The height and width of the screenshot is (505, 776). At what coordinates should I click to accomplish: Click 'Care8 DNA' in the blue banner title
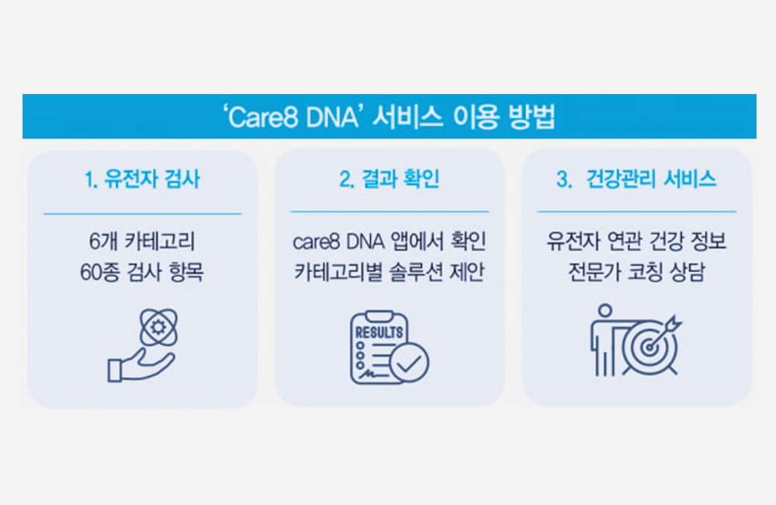point(292,117)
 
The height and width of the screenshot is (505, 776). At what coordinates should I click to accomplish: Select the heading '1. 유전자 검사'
point(143,179)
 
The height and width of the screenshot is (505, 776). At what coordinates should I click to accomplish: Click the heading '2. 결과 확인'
point(389,179)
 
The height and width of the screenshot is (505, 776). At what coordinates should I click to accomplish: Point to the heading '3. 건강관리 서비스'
point(636,179)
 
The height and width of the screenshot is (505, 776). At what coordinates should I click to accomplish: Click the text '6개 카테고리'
point(143,242)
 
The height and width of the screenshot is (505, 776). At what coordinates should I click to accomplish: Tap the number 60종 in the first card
point(100,272)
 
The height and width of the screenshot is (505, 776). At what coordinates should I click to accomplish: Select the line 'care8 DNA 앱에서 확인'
point(389,242)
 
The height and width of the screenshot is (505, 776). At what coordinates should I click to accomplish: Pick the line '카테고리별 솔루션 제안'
point(389,272)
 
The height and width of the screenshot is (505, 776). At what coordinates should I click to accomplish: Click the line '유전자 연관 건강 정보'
point(636,242)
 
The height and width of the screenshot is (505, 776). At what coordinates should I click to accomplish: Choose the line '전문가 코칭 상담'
point(636,272)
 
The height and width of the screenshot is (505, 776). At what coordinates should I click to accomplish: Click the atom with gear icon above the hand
point(158,327)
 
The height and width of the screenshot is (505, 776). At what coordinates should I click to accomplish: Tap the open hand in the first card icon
point(141,366)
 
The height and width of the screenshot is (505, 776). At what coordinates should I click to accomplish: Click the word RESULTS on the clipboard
point(379,332)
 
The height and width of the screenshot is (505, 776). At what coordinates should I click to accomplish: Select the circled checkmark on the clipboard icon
point(409,364)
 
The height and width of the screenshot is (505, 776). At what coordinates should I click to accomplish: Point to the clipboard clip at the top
point(379,316)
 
